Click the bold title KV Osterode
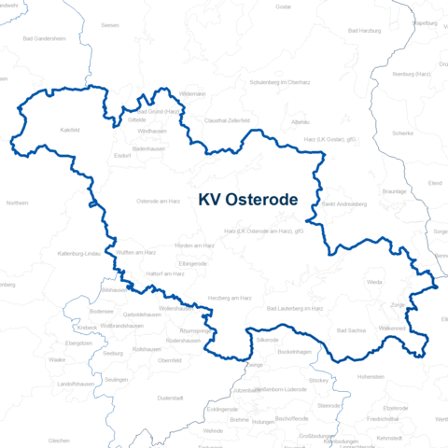click(247, 200)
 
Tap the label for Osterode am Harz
click(159, 201)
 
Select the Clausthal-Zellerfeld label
click(228, 120)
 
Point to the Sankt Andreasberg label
click(344, 203)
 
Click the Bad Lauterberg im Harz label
click(294, 307)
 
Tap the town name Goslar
click(284, 7)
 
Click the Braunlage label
click(396, 190)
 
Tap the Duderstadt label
click(171, 398)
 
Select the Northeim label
click(17, 203)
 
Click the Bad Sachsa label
click(351, 330)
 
